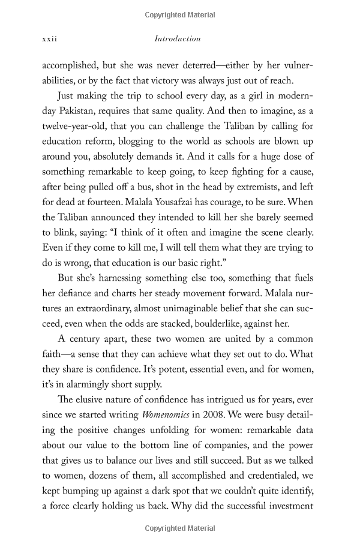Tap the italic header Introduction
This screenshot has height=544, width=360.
[178, 39]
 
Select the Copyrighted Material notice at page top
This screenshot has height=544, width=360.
[180, 14]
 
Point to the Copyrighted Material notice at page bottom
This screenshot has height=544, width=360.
[180, 528]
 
